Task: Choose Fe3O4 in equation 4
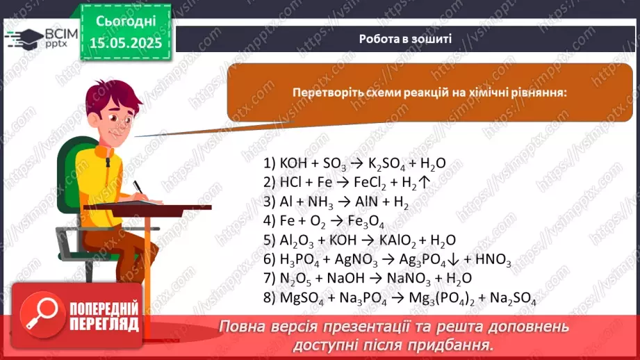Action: pos(366,222)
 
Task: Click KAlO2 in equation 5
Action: pos(395,240)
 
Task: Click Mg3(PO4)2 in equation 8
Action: pos(443,298)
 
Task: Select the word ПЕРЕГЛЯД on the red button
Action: pos(105,323)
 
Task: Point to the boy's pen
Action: pos(138,188)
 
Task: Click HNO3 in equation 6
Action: pos(495,260)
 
